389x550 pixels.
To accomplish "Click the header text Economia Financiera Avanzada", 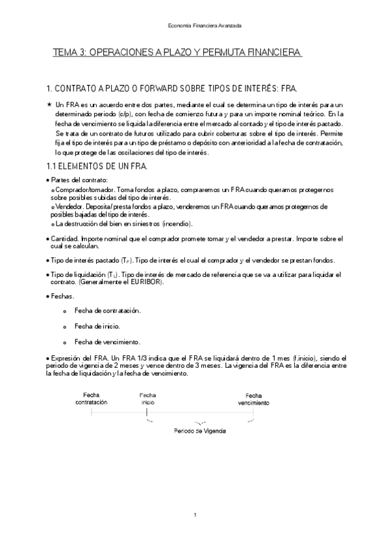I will click(195, 25).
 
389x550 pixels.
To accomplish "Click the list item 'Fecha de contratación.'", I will click(108, 311).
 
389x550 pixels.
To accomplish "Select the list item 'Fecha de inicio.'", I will click(97, 326).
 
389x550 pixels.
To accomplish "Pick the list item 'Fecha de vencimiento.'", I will click(108, 342).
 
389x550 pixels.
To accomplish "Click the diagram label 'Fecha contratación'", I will click(91, 399).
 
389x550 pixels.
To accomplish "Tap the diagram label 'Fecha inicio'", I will click(147, 398).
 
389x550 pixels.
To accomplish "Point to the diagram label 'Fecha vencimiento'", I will click(253, 399).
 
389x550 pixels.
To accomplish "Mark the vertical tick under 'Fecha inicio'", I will click(147, 411).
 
